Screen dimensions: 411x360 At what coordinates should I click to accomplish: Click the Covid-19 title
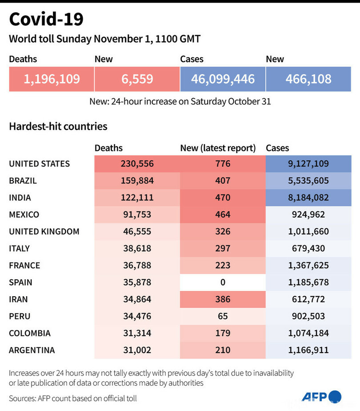[x=46, y=20]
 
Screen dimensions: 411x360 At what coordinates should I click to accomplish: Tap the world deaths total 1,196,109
[x=52, y=79]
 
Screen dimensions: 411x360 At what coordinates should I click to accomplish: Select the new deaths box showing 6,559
[x=137, y=79]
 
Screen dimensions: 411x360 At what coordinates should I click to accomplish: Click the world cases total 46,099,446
[x=223, y=79]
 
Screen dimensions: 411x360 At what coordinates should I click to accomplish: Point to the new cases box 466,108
[x=308, y=79]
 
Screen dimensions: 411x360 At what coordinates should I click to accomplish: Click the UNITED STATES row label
[x=40, y=164]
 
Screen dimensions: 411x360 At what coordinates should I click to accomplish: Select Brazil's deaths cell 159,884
[x=137, y=181]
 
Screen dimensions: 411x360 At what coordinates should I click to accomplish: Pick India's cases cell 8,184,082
[x=308, y=197]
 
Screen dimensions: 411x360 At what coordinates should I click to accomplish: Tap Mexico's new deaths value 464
[x=223, y=214]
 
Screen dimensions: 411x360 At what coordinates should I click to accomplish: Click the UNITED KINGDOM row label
[x=44, y=231]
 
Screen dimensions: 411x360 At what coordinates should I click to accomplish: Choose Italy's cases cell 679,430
[x=308, y=248]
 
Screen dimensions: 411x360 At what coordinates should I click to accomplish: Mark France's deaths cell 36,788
[x=137, y=266]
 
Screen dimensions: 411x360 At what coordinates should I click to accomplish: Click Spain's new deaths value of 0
[x=223, y=282]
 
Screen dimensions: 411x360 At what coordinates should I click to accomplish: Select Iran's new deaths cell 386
[x=223, y=299]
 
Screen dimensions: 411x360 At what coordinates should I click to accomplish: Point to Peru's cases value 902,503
[x=308, y=316]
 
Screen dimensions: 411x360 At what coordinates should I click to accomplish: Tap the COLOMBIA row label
[x=30, y=333]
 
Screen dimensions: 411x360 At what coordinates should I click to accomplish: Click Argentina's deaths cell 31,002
[x=137, y=350]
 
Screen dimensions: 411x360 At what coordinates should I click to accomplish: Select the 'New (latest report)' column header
[x=218, y=148]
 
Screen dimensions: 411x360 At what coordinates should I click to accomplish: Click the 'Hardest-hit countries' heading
[x=58, y=126]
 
